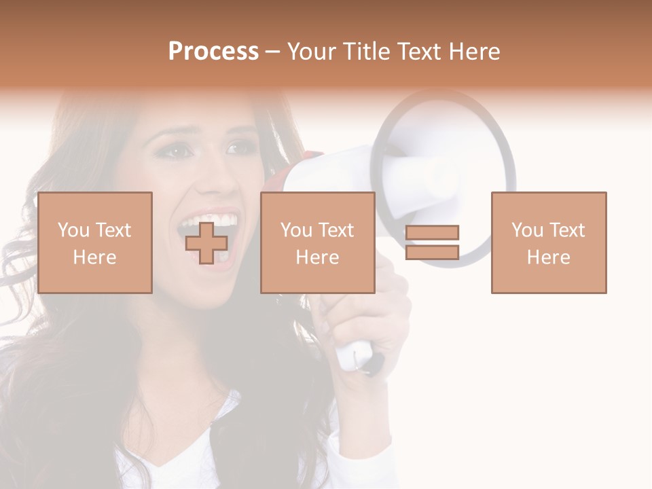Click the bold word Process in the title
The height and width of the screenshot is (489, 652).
click(213, 52)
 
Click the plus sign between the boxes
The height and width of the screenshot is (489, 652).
click(206, 243)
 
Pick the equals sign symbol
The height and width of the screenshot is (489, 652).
click(432, 242)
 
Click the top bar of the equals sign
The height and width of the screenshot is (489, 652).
click(432, 233)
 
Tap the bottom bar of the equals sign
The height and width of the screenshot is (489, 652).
click(432, 252)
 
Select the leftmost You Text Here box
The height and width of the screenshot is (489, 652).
click(95, 242)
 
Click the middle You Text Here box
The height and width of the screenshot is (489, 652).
click(317, 242)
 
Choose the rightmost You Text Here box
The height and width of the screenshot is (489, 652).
click(549, 242)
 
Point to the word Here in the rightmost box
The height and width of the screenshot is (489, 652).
click(549, 257)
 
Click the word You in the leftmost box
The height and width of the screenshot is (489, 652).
click(73, 230)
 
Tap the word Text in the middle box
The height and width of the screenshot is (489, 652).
click(336, 230)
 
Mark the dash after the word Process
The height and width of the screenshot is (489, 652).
click(273, 52)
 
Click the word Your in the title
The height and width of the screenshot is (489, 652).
click(311, 52)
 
